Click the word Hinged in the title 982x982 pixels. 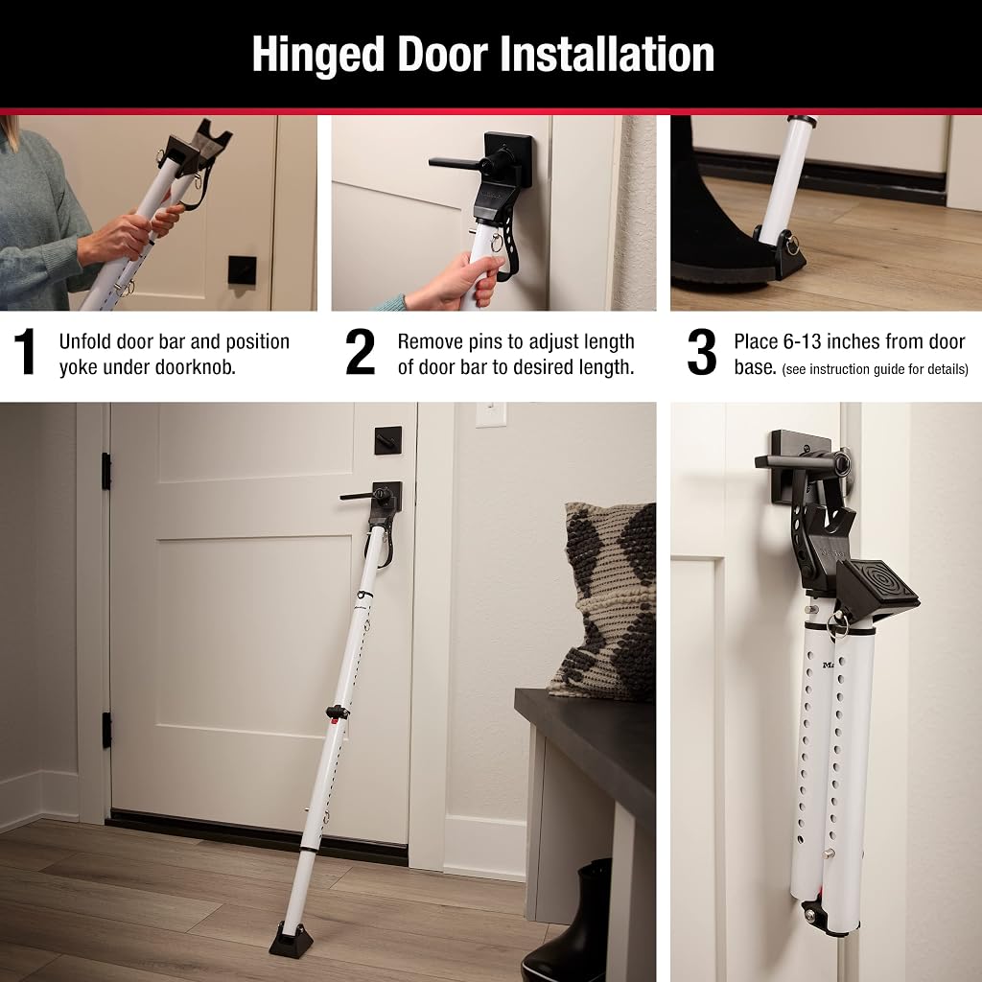pos(318,56)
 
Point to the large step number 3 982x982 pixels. pos(701,352)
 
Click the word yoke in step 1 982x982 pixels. pos(81,367)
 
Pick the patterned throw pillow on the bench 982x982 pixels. pos(604,600)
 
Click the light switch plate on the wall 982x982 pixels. pos(490,414)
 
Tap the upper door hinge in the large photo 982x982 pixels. pos(106,472)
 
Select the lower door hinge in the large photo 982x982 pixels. pos(106,730)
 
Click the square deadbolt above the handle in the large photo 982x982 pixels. pos(388,440)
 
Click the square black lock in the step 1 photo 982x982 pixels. pos(242,269)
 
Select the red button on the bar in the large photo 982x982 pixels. pos(335,721)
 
